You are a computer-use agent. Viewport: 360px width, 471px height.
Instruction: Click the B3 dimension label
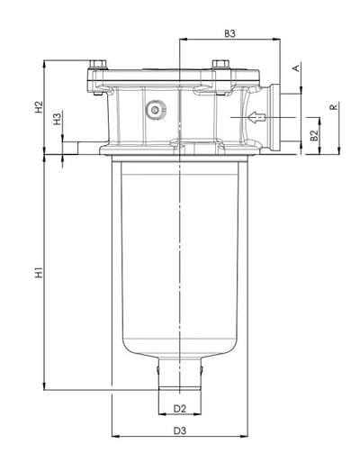click(x=230, y=34)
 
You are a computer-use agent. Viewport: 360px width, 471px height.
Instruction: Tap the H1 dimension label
click(x=39, y=272)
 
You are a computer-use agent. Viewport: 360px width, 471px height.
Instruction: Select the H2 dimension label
click(x=39, y=107)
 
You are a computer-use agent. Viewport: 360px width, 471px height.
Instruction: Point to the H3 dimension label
click(x=57, y=118)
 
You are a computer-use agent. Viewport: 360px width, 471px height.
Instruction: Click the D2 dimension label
click(x=180, y=409)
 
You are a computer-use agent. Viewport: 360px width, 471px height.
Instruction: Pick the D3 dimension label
click(x=180, y=430)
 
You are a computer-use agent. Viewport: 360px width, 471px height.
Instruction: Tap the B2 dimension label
click(x=314, y=135)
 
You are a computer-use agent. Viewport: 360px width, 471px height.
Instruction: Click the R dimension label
click(x=334, y=106)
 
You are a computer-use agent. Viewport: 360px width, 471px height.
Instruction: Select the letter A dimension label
click(x=296, y=68)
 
